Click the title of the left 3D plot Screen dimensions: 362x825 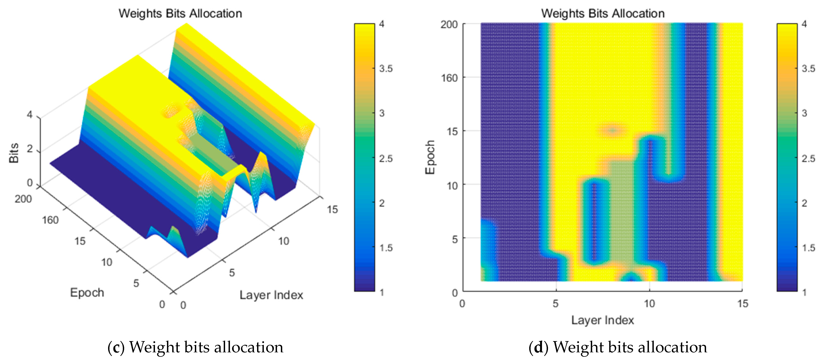point(180,13)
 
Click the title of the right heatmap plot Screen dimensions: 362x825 point(603,13)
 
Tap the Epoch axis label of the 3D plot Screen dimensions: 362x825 point(87,293)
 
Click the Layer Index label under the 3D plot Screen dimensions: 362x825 point(271,295)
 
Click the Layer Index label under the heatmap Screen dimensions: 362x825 point(602,320)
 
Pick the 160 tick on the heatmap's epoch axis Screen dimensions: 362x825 point(449,78)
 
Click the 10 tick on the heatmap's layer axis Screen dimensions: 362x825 point(649,303)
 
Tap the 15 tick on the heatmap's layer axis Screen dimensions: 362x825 point(742,303)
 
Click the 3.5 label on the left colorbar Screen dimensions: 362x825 point(386,69)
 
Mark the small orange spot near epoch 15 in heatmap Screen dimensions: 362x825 point(612,130)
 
